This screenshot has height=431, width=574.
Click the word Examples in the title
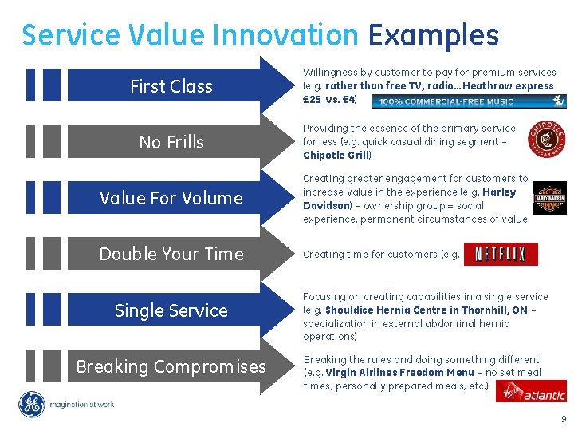pyautogui.click(x=433, y=35)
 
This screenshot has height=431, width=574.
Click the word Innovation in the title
pyautogui.click(x=286, y=35)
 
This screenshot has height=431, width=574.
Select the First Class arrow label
pyautogui.click(x=171, y=86)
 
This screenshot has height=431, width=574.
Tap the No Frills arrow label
pyautogui.click(x=171, y=142)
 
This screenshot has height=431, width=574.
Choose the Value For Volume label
pyautogui.click(x=171, y=198)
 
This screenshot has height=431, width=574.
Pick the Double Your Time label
pyautogui.click(x=171, y=254)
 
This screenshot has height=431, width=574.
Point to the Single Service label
pyautogui.click(x=171, y=310)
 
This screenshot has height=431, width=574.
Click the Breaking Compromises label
pyautogui.click(x=171, y=366)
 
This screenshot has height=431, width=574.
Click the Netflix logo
pyautogui.click(x=500, y=255)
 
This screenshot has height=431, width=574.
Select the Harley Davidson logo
pyautogui.click(x=548, y=200)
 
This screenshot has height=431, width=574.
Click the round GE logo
pyautogui.click(x=33, y=405)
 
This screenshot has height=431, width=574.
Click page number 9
pyautogui.click(x=564, y=420)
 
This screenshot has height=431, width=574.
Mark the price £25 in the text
pyautogui.click(x=311, y=100)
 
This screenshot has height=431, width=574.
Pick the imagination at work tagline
pyautogui.click(x=81, y=405)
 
